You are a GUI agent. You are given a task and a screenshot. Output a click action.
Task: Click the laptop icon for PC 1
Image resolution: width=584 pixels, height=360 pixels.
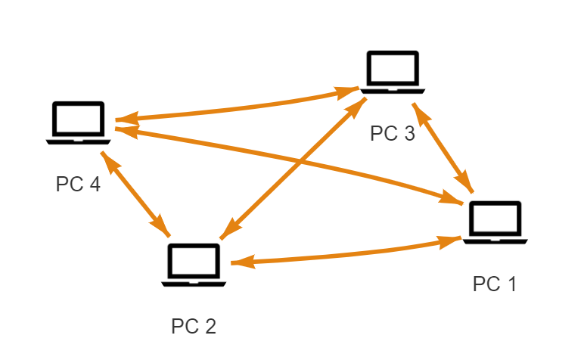(x=495, y=222)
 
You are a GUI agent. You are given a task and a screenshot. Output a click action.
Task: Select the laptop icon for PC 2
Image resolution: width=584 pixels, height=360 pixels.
(x=193, y=265)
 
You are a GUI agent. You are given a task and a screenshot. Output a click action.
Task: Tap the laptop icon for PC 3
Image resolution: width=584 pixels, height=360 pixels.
(x=393, y=73)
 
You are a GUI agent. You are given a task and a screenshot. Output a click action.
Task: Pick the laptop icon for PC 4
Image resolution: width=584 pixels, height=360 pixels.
(x=78, y=122)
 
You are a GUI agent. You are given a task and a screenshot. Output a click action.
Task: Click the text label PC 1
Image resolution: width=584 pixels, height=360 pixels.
(x=495, y=284)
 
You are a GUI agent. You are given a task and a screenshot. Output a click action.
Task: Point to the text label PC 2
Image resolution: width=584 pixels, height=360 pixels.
(x=194, y=326)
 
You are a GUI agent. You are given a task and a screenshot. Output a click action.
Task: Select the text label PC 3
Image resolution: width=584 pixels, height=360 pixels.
(x=393, y=134)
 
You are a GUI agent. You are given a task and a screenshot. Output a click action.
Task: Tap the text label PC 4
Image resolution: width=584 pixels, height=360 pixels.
(x=78, y=185)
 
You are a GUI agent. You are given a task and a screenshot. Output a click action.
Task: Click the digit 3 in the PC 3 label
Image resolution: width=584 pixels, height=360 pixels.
(x=408, y=134)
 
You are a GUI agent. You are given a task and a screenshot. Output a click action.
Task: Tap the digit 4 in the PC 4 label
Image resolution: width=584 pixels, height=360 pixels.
(x=94, y=185)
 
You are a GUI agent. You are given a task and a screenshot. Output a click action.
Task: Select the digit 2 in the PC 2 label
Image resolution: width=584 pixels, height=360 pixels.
(x=210, y=326)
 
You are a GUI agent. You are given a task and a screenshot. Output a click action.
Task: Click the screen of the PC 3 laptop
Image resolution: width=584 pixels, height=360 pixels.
(x=393, y=69)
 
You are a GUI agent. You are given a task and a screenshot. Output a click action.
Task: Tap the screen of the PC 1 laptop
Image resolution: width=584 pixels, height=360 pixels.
(x=495, y=219)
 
